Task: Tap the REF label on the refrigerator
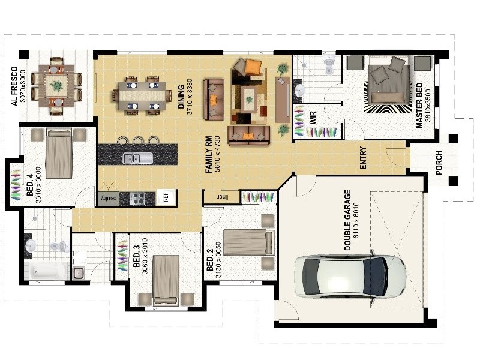point(166,197)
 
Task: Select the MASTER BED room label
point(419,106)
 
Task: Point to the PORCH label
point(439,163)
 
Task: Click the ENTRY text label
point(363,158)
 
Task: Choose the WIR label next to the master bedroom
point(313,118)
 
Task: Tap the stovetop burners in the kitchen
point(137,199)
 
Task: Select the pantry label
point(109,198)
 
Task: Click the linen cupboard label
point(223,197)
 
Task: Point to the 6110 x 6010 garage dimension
point(356,220)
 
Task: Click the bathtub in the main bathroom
point(47,271)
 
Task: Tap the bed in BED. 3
point(166,280)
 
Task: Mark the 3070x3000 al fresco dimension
point(23,86)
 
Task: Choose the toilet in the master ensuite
point(328,65)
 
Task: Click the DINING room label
point(182,97)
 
